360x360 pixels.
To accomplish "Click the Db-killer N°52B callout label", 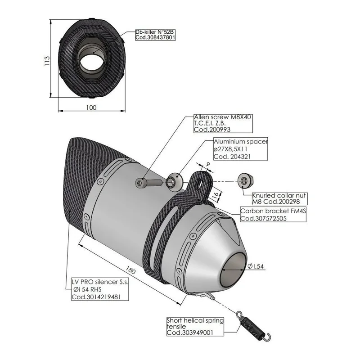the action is (x=155, y=35).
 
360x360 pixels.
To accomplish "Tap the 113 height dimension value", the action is (x=47, y=61).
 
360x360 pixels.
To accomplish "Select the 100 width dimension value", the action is (x=91, y=108).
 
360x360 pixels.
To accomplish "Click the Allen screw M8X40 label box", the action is (x=223, y=123).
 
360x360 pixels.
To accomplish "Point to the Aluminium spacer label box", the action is (x=241, y=149).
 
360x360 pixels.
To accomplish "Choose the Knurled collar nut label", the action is (x=279, y=198).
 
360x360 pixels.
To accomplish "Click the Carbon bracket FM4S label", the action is (x=273, y=215).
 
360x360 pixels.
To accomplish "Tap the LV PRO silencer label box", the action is (x=100, y=289).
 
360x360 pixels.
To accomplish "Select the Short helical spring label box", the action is (x=195, y=327).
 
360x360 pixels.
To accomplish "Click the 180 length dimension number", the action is (x=130, y=270).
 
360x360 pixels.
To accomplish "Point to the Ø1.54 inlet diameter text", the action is (x=256, y=266).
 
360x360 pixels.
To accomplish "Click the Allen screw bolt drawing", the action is (x=148, y=183).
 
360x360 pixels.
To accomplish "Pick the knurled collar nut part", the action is (x=245, y=181).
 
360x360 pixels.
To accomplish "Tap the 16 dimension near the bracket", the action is (x=215, y=196).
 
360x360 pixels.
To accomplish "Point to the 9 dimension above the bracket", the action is (x=208, y=164).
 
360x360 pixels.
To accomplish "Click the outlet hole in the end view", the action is (x=92, y=63).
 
